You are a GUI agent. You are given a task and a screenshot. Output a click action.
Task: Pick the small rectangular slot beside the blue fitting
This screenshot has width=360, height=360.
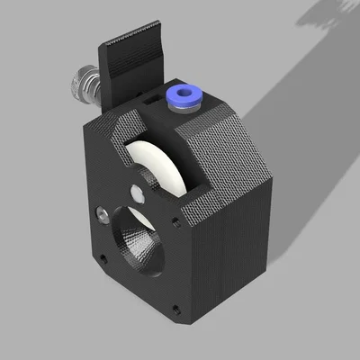click(152, 103)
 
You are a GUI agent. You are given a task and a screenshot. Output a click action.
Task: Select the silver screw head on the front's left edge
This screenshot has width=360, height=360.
click(102, 213)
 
